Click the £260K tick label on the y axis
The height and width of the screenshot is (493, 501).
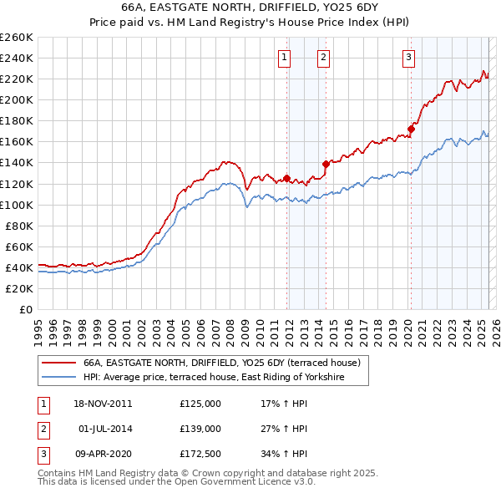17,38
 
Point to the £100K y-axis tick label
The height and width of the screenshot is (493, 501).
17,205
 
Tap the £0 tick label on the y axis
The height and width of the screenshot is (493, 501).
26,310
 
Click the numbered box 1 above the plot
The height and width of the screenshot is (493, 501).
285,58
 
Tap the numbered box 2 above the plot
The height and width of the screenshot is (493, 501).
323,58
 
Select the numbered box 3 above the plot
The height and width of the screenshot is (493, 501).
408,58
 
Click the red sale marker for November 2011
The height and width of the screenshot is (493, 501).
286,178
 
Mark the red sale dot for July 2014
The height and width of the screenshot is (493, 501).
326,164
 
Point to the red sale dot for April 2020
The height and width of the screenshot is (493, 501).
411,129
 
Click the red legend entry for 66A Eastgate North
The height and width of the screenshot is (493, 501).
220,363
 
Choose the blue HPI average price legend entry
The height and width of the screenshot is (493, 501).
225,379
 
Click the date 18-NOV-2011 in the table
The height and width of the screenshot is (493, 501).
103,404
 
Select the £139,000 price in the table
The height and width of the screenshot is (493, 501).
200,429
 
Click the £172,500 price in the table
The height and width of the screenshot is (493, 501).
200,455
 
